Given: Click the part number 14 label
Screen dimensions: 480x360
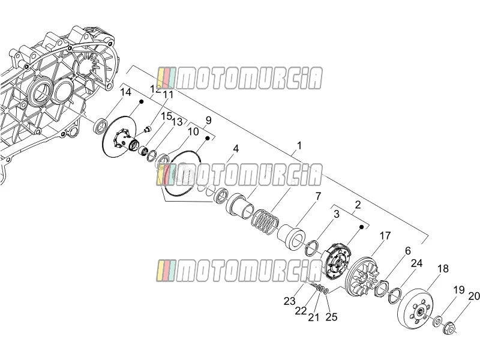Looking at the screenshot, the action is click(x=125, y=92).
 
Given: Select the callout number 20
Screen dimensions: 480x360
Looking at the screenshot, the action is click(x=474, y=296).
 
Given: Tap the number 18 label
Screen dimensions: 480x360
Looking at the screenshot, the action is click(x=443, y=268).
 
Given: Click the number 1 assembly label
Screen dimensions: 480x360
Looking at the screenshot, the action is click(x=299, y=145).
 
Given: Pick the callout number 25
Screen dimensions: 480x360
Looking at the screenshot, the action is click(x=331, y=317).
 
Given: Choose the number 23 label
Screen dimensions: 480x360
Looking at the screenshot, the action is click(x=289, y=301).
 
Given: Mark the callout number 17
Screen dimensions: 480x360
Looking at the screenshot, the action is click(x=385, y=235).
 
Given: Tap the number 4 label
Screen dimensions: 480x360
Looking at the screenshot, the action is click(x=236, y=149).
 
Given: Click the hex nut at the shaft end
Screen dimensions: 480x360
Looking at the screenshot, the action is click(x=450, y=327).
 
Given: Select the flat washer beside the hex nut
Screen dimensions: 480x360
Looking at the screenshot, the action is click(x=437, y=322).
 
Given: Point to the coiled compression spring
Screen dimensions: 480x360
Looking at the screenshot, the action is click(x=265, y=221).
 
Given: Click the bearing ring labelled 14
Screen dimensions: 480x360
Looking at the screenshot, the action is click(x=101, y=126).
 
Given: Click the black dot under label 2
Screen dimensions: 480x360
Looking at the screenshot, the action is click(x=361, y=227).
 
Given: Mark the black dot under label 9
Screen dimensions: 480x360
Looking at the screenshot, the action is click(x=207, y=139).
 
